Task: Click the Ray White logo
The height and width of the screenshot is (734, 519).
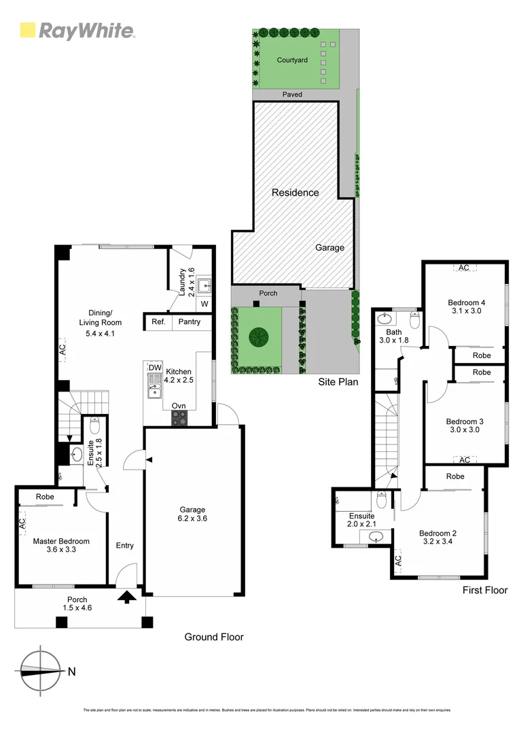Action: coord(77,31)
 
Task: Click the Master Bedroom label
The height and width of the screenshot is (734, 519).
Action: coord(61,542)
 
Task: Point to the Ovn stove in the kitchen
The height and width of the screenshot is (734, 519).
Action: coord(179,419)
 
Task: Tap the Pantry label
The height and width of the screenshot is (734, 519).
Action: coord(189,321)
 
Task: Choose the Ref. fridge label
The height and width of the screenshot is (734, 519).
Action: coord(158,321)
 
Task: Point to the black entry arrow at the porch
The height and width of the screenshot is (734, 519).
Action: coord(126,597)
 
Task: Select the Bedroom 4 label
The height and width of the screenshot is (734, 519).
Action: coord(466,303)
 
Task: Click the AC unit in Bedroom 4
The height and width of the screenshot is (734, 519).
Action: coord(463,268)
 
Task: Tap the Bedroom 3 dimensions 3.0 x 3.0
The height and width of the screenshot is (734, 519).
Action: coord(466,431)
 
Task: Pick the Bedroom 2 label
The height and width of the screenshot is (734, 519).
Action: coord(437,533)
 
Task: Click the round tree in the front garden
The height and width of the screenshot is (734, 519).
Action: coord(257,336)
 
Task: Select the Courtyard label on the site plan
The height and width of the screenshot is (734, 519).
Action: coord(292,60)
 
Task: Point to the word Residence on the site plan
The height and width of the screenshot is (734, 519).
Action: coord(295,192)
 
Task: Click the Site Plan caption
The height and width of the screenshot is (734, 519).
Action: coord(338,382)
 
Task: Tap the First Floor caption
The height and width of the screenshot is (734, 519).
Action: coord(484,590)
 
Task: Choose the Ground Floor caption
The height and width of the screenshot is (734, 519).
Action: coord(214,637)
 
